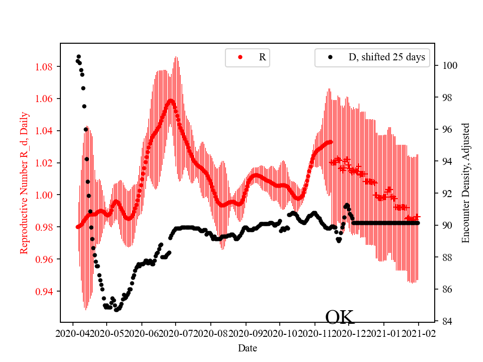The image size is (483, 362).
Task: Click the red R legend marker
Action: click(x=240, y=57)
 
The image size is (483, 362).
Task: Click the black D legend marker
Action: click(x=330, y=57)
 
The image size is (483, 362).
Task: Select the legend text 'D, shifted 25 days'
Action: click(x=386, y=57)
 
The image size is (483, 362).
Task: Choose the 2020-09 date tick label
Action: click(x=246, y=333)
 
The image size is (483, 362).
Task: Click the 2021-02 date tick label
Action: click(x=419, y=333)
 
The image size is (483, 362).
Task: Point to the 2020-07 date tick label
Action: click(x=176, y=333)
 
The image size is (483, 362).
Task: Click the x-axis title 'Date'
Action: click(x=247, y=348)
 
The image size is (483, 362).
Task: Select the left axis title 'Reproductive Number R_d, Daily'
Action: click(x=24, y=183)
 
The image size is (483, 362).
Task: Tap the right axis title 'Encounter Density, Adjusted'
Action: click(x=465, y=183)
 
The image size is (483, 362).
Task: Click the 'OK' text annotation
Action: click(x=340, y=317)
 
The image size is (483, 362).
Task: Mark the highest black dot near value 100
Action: click(x=78, y=56)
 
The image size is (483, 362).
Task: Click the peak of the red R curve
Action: click(x=171, y=101)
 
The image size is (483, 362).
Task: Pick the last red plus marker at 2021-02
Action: click(x=417, y=216)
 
